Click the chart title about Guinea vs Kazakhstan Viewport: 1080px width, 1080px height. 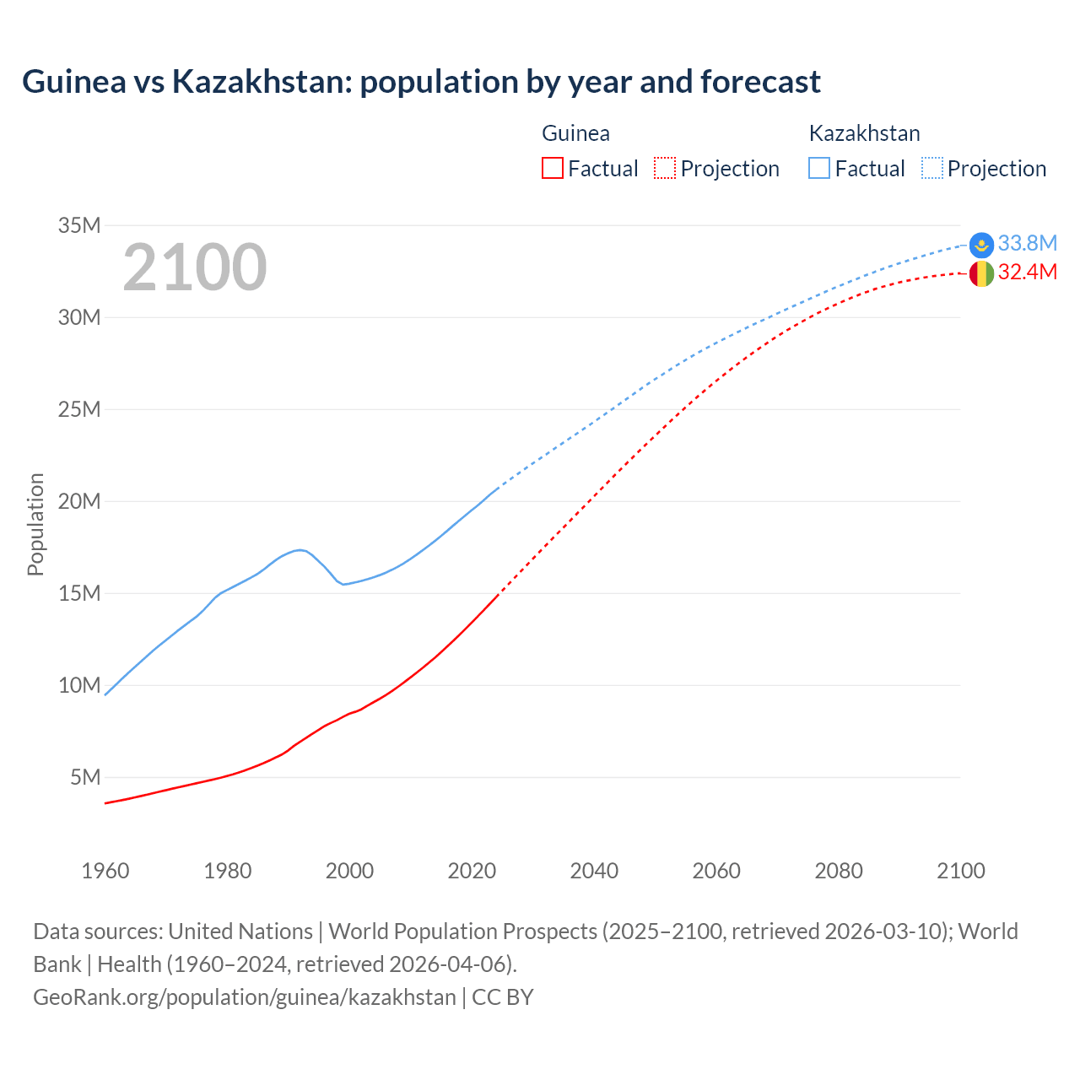pos(421,82)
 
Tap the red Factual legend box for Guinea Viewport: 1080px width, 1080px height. pos(552,168)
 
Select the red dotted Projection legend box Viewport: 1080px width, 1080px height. pos(665,168)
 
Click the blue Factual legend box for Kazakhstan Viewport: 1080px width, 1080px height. pos(819,168)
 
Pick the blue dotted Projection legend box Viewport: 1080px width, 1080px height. pos(932,168)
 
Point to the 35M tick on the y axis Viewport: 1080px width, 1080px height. pos(79,225)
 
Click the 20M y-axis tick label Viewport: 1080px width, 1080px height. pos(79,501)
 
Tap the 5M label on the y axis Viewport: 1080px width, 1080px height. pos(85,777)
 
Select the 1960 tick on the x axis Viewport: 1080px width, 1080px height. pos(105,871)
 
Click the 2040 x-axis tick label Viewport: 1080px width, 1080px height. pos(594,871)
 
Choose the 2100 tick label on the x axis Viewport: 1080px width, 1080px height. pos(960,871)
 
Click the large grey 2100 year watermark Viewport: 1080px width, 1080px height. pos(195,267)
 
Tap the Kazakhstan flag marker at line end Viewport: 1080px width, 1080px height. pos(981,245)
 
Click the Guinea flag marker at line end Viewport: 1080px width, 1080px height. pos(981,273)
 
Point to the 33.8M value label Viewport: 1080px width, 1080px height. pos(1027,243)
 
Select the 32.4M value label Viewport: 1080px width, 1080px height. pos(1027,272)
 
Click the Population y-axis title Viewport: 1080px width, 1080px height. pos(35,524)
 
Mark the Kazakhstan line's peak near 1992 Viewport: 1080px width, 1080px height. pos(300,550)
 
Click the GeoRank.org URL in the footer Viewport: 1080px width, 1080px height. pos(245,996)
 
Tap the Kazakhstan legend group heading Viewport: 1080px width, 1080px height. pos(864,133)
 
